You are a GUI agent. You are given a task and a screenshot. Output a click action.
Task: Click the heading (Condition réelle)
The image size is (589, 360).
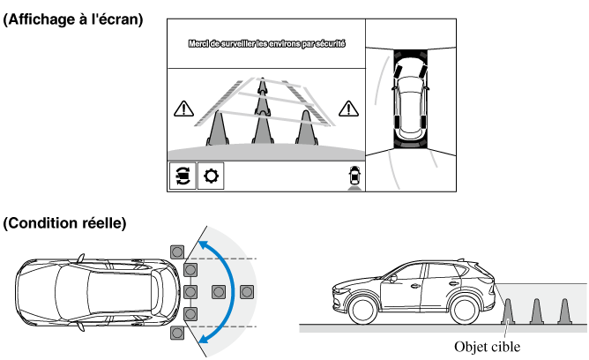coord(65,224)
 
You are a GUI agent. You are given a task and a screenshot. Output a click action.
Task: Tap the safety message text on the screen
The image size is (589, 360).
coord(266,42)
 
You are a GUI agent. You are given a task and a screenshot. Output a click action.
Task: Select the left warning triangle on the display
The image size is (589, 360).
coord(183,109)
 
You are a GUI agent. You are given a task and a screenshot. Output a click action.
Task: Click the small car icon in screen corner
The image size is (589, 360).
coord(354,175)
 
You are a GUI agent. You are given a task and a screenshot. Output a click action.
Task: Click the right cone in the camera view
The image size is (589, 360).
coord(306,126)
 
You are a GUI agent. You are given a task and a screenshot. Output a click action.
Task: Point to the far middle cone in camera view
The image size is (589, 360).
coord(262,87)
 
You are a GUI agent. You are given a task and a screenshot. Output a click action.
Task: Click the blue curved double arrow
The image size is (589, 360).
coord(228,291)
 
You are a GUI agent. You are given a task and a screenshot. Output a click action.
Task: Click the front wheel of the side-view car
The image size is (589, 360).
coord(360,311)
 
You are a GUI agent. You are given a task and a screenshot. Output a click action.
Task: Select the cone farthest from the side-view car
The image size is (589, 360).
coord(564,311)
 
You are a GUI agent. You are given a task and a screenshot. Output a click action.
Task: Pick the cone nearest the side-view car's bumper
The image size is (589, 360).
coord(509,311)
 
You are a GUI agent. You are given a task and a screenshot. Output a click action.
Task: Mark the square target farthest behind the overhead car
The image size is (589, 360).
coord(246,291)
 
